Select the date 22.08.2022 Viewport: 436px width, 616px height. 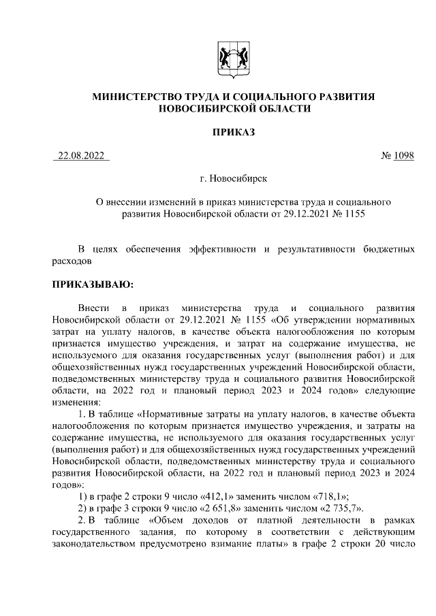pyautogui.click(x=81, y=156)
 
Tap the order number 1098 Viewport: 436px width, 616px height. pyautogui.click(x=403, y=156)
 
